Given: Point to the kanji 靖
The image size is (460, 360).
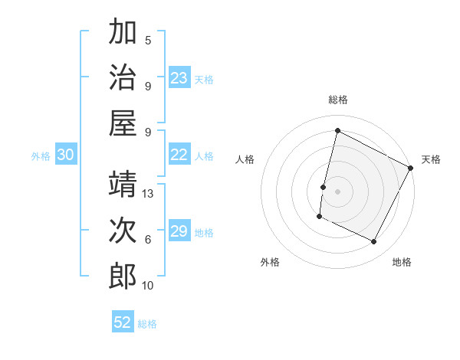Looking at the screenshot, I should click(123, 185).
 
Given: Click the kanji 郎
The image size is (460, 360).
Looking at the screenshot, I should click(123, 276).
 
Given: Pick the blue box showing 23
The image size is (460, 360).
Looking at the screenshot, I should click(179, 78).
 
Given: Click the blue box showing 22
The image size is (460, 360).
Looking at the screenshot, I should click(179, 155).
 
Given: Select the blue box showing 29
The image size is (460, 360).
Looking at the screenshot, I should click(179, 231).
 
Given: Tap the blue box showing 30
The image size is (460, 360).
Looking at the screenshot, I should click(66, 155).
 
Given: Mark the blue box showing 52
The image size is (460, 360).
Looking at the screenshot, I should click(123, 322).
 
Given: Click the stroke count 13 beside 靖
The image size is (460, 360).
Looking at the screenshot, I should click(149, 194).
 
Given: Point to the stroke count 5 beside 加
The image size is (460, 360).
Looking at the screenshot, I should click(148, 41).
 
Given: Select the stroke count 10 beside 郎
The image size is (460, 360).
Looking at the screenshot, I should click(149, 286).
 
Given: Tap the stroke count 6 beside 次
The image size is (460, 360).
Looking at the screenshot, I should click(148, 239).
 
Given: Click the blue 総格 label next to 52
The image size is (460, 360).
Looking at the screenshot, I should click(148, 324).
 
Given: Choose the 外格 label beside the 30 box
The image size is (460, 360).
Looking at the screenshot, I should click(41, 156).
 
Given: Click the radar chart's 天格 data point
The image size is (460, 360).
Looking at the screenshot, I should click(411, 168).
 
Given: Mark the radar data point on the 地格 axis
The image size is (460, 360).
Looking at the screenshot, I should click(374, 242).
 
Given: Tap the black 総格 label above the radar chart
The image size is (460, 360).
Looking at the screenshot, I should click(338, 100).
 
